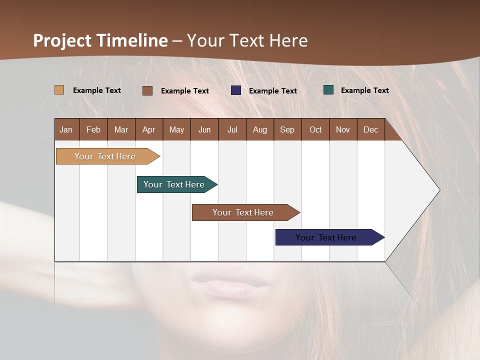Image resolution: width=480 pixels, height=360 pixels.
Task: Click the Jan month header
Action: click(66, 129)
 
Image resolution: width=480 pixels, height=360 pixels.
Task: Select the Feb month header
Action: click(93, 129)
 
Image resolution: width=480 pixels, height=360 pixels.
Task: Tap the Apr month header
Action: click(148, 129)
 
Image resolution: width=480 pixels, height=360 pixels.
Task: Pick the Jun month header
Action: click(204, 129)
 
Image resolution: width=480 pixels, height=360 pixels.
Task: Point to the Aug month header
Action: click(259, 129)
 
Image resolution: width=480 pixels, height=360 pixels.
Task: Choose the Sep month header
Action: click(287, 129)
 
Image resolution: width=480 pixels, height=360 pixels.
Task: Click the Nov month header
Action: click(342, 129)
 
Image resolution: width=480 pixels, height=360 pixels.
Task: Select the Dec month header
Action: click(370, 129)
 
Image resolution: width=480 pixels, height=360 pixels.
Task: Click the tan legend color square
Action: click(59, 90)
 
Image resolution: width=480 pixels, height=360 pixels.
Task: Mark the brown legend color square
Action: click(147, 90)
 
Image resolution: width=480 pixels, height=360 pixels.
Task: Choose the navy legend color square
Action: click(235, 90)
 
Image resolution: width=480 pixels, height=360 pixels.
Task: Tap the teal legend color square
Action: click(328, 90)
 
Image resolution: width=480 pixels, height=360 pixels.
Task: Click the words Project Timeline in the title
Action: click(100, 40)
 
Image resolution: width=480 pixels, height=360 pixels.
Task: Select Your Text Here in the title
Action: click(247, 40)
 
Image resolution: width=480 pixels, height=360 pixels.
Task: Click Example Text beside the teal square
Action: click(364, 90)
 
